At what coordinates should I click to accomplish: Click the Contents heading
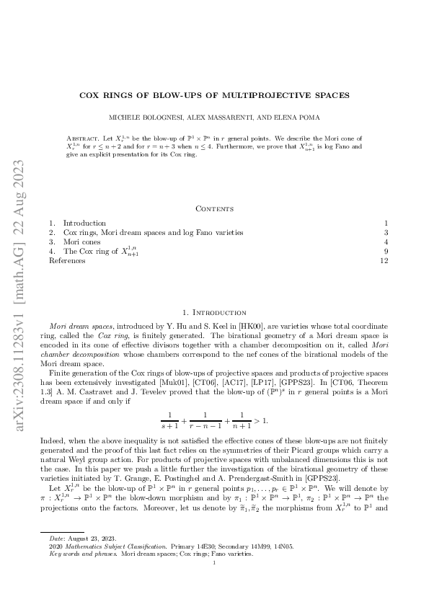(214, 208)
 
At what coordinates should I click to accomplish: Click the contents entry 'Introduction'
(84, 223)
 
